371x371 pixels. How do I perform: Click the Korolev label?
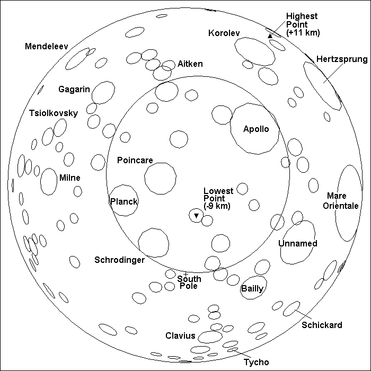tap(225, 33)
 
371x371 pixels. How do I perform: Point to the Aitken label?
tap(191, 64)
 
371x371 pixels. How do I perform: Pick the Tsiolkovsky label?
tap(54, 113)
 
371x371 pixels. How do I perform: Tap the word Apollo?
tap(256, 129)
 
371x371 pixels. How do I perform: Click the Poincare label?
tap(135, 160)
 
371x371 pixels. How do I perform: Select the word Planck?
tap(123, 201)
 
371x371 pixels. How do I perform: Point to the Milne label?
tap(69, 178)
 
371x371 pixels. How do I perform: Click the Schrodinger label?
tap(119, 260)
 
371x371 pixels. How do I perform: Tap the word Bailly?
tap(252, 289)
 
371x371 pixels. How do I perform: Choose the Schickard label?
tap(322, 325)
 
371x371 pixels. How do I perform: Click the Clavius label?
tap(181, 336)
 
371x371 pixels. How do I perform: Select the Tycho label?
tap(256, 362)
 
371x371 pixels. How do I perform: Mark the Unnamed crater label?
tap(297, 243)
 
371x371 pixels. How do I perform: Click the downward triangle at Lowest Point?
tap(196, 216)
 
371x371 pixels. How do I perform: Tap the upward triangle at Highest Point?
tap(270, 36)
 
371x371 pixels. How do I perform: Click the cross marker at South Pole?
tap(185, 273)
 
